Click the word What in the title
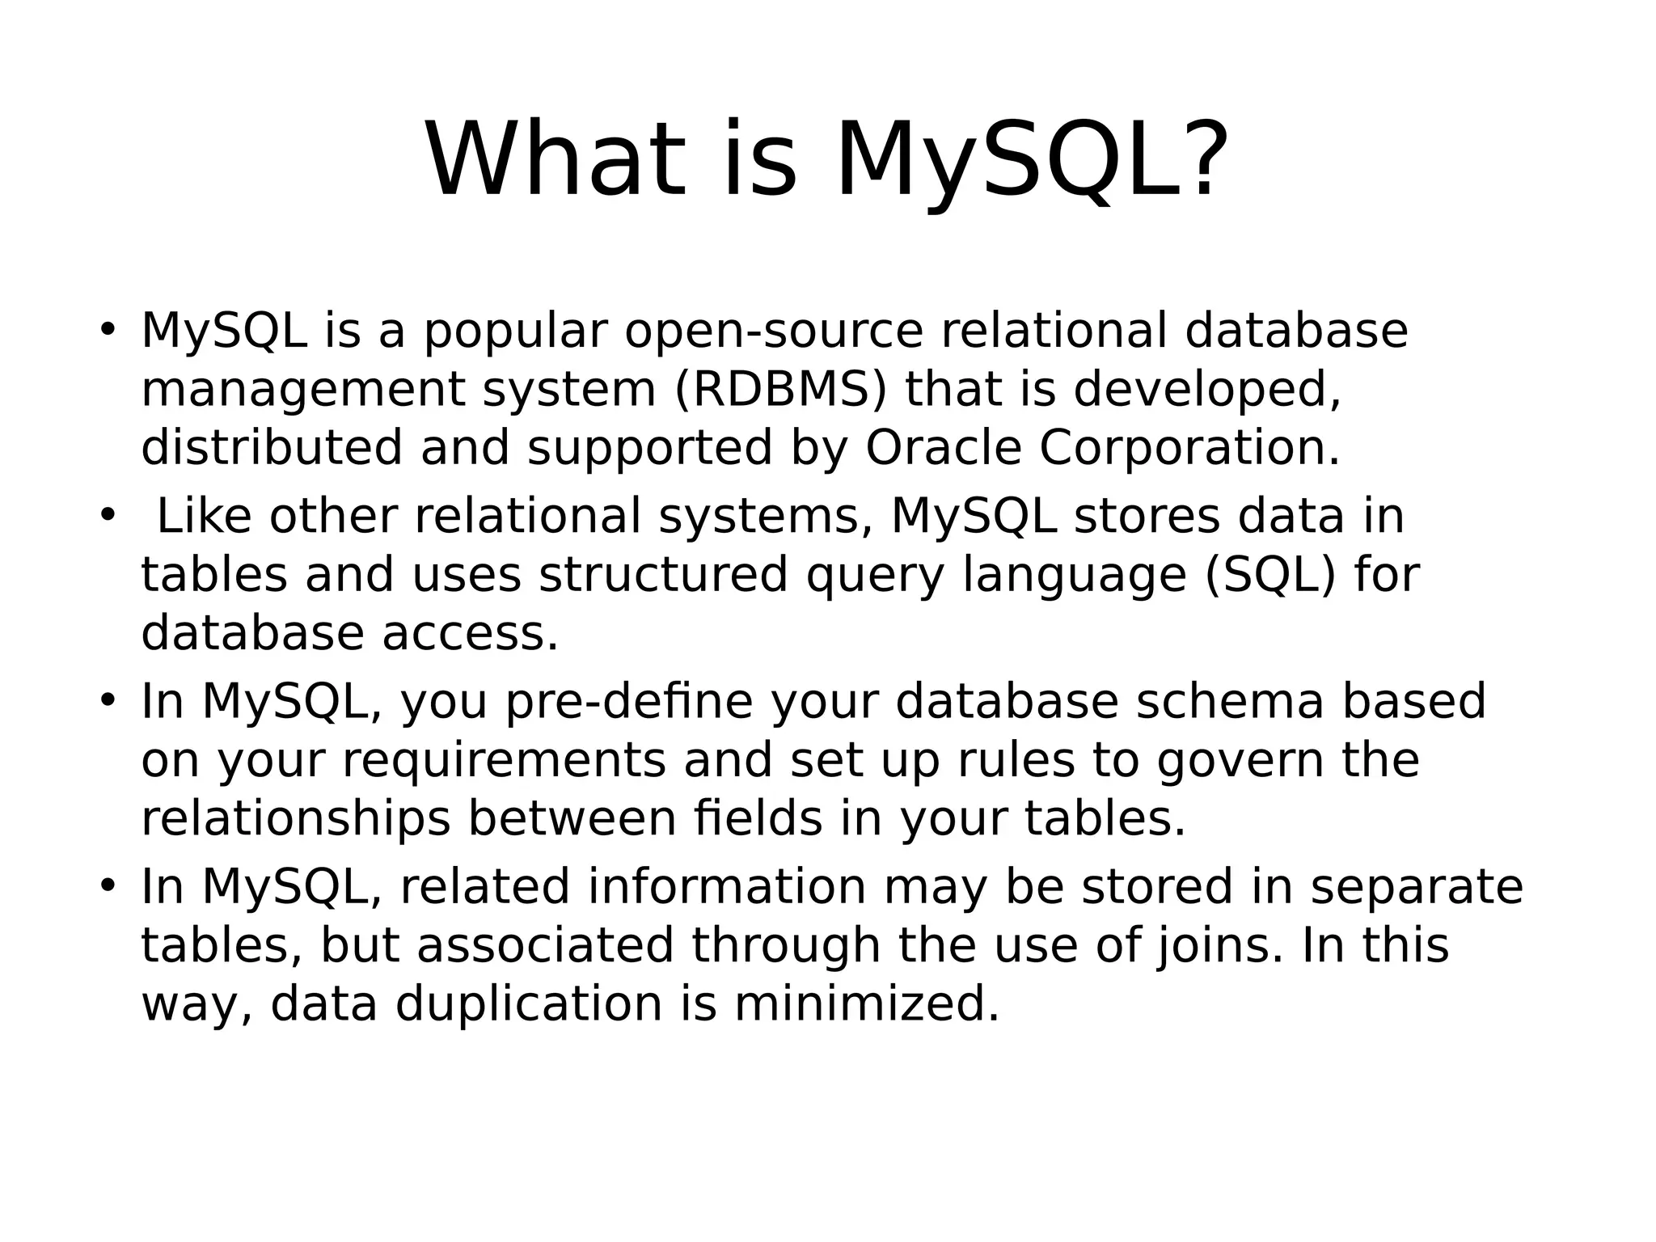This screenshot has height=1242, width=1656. pos(556,160)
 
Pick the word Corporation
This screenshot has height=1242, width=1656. pos(1189,448)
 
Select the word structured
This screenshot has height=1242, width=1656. pos(663,575)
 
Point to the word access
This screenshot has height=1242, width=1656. pos(471,633)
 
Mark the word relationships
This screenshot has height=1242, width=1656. pos(296,818)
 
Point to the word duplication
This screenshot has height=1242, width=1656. pos(529,1004)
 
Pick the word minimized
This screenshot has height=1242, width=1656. pos(867,1004)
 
